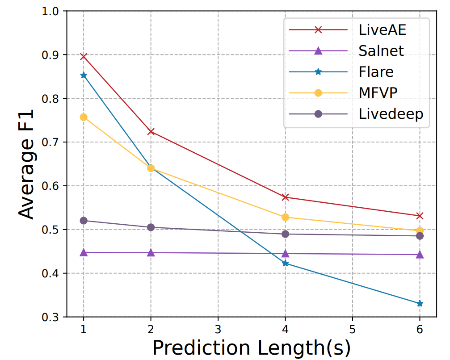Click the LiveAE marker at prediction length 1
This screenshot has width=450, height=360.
tap(84, 57)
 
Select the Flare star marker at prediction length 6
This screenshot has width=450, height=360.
tap(420, 304)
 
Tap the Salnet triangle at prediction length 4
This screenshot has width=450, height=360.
tap(285, 254)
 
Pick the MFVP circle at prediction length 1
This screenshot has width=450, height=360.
tap(84, 117)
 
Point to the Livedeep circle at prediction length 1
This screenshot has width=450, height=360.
tap(84, 221)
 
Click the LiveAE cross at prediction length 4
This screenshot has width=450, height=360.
tap(285, 197)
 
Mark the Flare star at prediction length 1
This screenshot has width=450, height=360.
tap(84, 75)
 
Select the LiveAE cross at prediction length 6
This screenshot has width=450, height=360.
tap(420, 216)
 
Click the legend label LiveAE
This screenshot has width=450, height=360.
tap(383, 30)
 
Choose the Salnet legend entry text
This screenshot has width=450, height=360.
tap(381, 50)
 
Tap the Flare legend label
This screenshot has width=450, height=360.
tap(376, 71)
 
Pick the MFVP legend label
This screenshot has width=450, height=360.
tap(378, 92)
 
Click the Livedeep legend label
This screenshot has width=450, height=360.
tap(391, 113)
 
